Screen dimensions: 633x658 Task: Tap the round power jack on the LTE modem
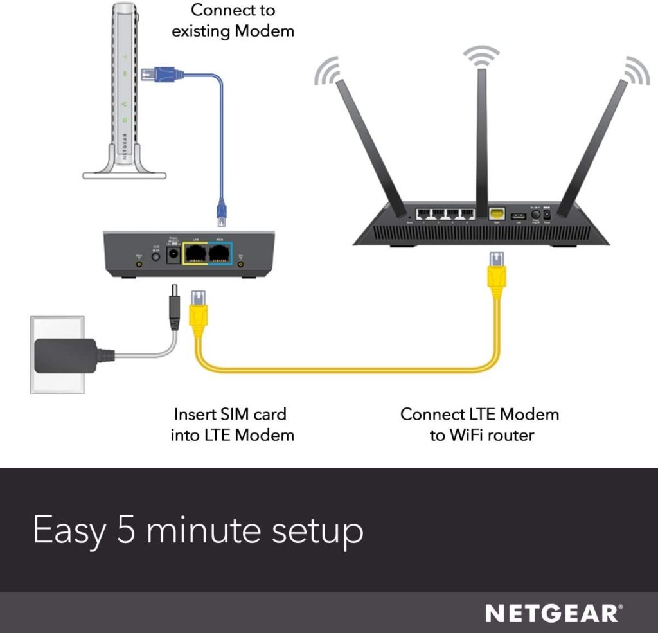[172, 256]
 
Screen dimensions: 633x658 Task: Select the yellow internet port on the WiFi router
[496, 215]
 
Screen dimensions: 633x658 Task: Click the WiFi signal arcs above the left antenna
[327, 69]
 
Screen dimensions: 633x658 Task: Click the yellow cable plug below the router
[497, 270]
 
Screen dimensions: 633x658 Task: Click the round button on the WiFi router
[535, 215]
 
